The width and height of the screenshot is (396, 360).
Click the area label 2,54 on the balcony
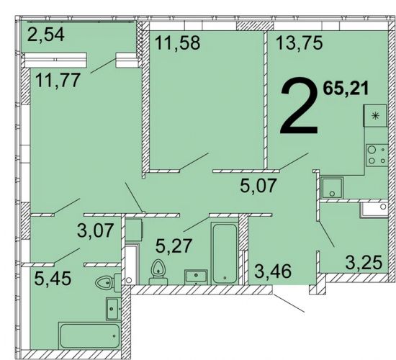coord(45,35)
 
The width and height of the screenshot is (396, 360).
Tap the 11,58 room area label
coord(178,42)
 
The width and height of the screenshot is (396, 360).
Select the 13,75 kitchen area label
coord(300,42)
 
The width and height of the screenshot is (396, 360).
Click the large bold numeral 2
coord(299,106)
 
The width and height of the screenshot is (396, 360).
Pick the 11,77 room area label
coord(58,80)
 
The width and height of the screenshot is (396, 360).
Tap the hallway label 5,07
coord(258,185)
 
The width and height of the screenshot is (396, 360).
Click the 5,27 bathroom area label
coord(174,246)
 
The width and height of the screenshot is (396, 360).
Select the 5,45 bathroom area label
coord(53,278)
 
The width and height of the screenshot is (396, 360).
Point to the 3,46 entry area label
coord(273,271)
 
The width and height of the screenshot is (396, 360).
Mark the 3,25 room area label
coord(364,263)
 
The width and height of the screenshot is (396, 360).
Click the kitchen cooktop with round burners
coord(377,155)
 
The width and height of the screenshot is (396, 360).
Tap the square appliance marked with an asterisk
coord(375,116)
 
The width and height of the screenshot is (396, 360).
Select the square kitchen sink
coord(332,188)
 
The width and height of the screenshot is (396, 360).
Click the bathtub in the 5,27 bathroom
coord(225,253)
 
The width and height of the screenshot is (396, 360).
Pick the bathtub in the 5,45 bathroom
coord(89,336)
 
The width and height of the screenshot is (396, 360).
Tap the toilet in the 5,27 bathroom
coord(158,272)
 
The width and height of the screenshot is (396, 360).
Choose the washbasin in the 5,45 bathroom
coord(112,309)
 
